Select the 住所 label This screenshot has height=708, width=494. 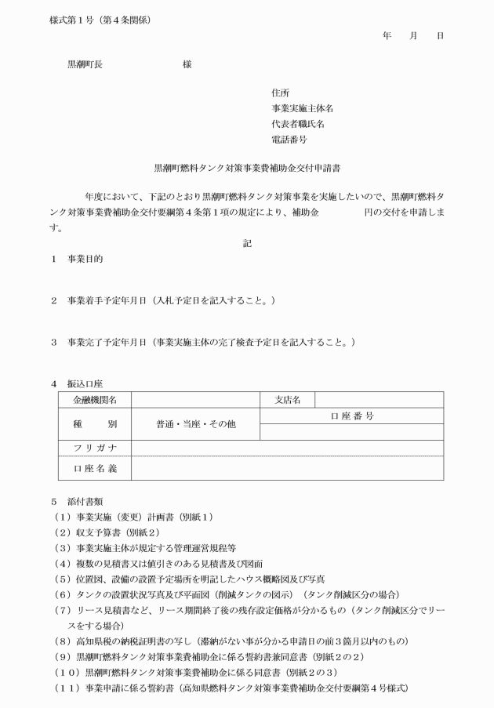(x=280, y=93)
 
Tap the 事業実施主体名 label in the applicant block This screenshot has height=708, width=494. (x=302, y=109)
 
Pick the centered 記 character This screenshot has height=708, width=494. (x=247, y=243)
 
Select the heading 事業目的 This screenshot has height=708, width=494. (x=85, y=258)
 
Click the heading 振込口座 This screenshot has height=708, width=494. (x=85, y=384)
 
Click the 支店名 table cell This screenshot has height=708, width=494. (x=288, y=400)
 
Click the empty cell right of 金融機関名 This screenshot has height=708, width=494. (x=195, y=400)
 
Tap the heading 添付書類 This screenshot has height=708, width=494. (x=85, y=500)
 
